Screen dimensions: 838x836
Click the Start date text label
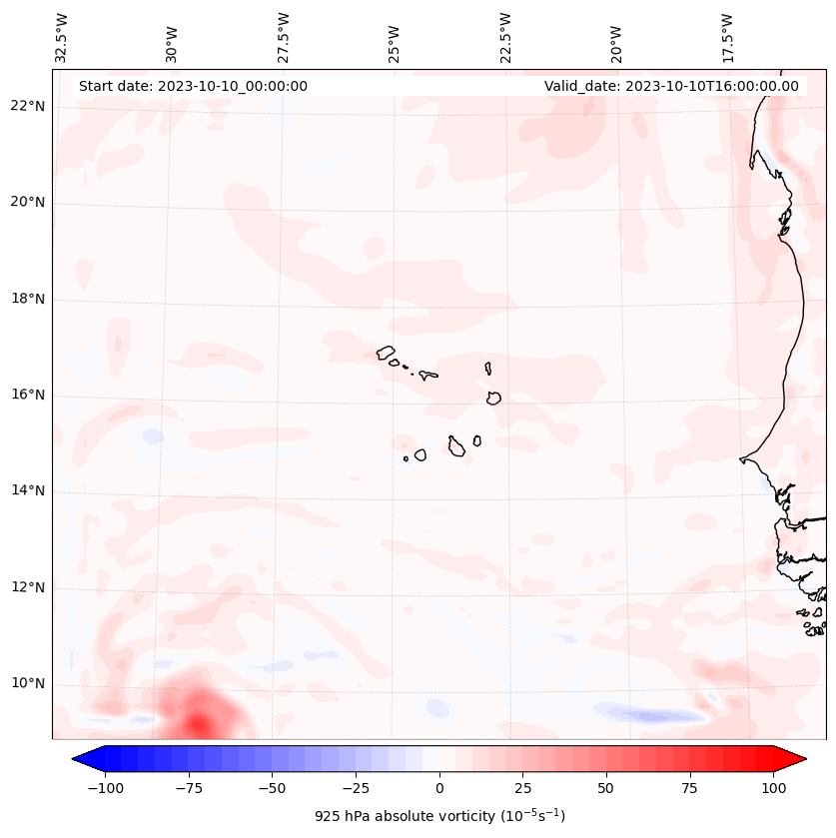point(193,86)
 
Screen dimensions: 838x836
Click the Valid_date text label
point(671,86)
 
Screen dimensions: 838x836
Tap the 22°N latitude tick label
point(28,107)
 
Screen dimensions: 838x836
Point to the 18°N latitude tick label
point(28,299)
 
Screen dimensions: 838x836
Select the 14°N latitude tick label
point(28,490)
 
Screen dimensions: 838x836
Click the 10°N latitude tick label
point(28,683)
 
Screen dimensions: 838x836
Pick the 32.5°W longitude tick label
point(62,38)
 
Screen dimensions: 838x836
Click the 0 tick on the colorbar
point(439,788)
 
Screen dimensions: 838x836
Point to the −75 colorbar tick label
point(189,788)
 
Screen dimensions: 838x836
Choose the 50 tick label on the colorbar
point(606,788)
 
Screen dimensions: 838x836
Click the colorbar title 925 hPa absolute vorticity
point(439,816)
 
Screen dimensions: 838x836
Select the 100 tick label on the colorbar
point(773,788)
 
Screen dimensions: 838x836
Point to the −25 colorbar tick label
point(356,788)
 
